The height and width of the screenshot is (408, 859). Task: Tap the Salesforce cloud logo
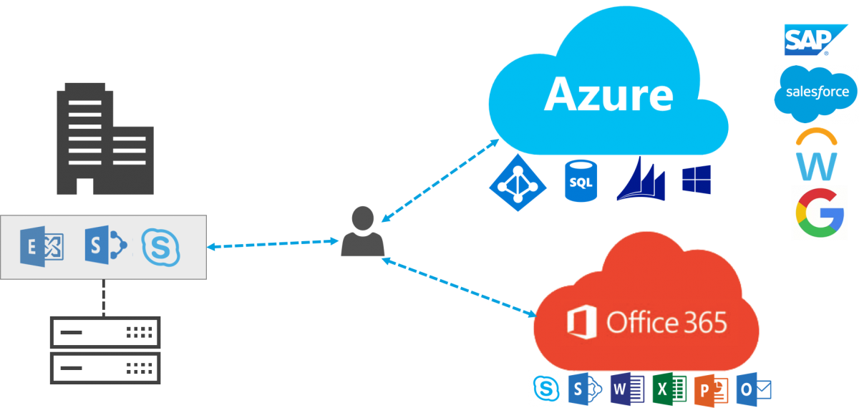coord(816,93)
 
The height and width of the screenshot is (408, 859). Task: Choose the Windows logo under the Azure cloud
coord(697,179)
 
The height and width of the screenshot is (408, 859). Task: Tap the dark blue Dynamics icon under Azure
coord(641,179)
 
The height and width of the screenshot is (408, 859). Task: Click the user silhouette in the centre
coord(363,232)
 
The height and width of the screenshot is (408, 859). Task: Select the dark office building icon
coord(105,139)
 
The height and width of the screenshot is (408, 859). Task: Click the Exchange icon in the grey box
coord(43,247)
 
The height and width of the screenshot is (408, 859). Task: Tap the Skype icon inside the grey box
coord(161,247)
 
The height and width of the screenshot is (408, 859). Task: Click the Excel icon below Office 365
coord(669,389)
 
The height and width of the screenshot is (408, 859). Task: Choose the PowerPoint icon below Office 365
coord(711,389)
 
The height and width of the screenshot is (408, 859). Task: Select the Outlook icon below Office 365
coord(753,389)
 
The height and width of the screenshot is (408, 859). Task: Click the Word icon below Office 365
coord(628,389)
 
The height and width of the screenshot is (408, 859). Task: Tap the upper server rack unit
coord(105,332)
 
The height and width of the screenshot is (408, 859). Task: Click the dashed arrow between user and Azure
coord(440,179)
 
